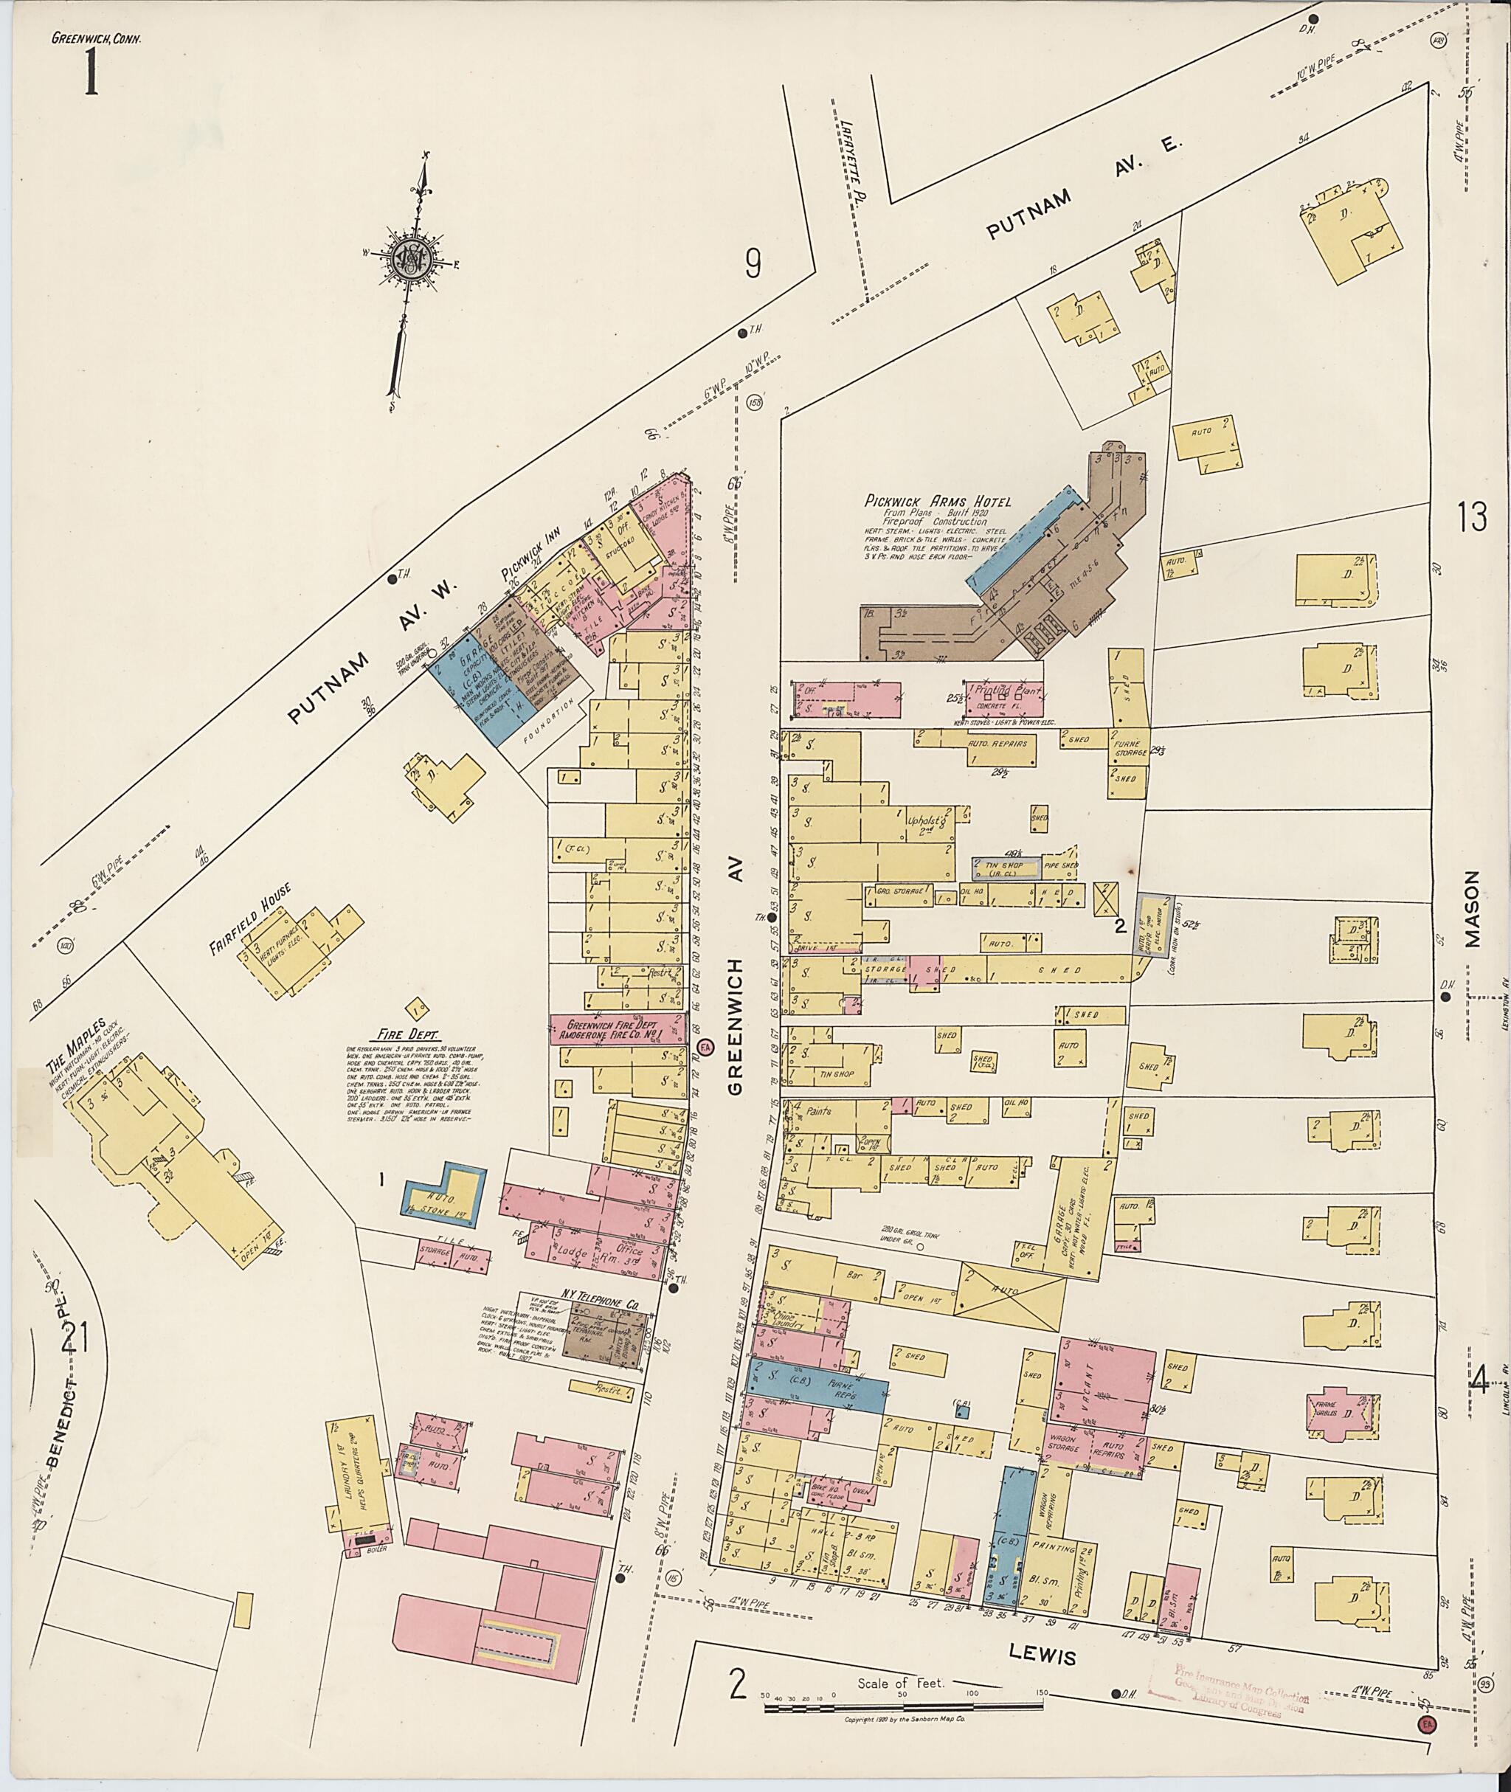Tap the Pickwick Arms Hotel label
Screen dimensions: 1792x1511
(938, 501)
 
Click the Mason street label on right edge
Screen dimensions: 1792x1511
(1472, 909)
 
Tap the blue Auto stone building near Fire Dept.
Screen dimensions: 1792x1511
(443, 1191)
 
